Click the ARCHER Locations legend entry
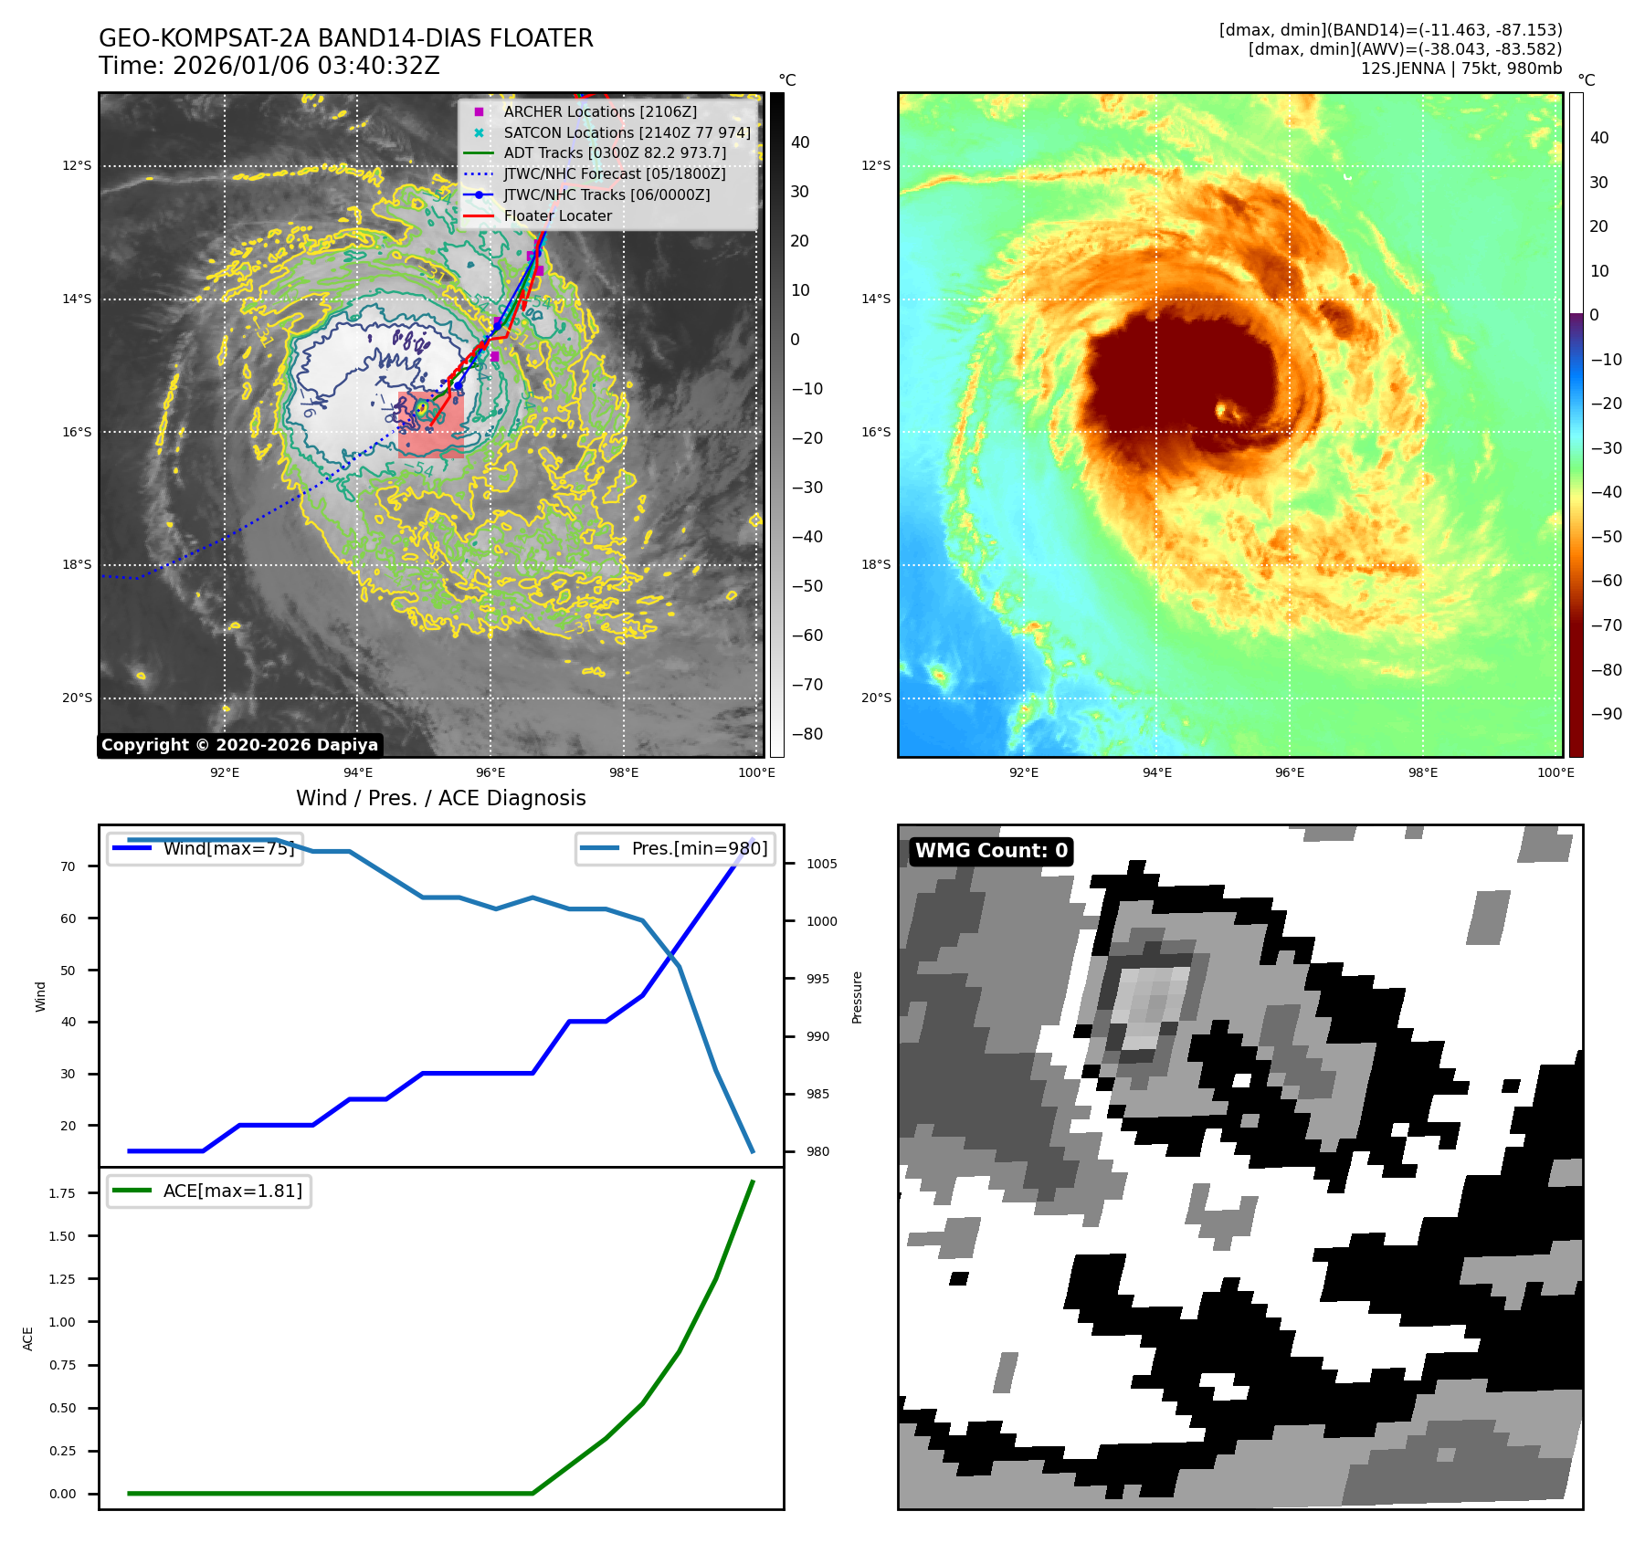(599, 111)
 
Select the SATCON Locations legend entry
(627, 132)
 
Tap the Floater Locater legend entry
(557, 215)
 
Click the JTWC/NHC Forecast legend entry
(614, 173)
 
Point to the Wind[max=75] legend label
(228, 848)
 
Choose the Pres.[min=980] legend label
(699, 848)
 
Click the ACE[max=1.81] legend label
(232, 1191)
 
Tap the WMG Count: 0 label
(991, 851)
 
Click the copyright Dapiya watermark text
(239, 745)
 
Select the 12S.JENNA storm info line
(1460, 68)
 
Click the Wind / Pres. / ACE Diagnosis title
(440, 798)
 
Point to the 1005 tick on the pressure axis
(821, 864)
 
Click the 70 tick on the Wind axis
(69, 866)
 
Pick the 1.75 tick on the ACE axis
(62, 1193)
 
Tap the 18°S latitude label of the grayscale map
(77, 565)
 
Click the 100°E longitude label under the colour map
(1555, 772)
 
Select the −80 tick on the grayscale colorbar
(807, 734)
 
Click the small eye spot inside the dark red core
(1225, 410)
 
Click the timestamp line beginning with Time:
(269, 66)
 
